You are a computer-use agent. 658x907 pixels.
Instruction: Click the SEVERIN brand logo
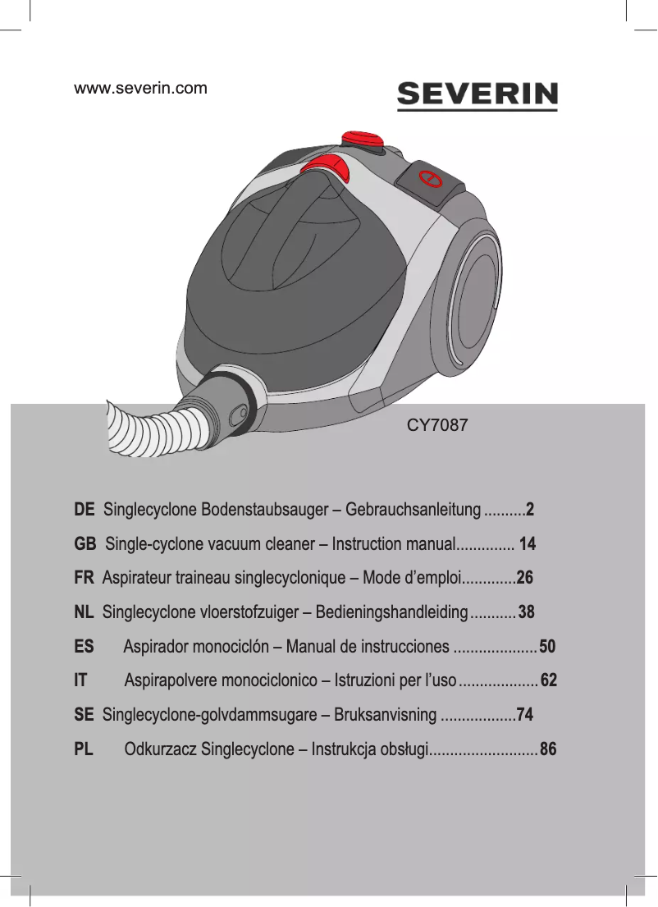tap(478, 95)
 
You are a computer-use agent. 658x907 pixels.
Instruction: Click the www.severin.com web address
tap(141, 88)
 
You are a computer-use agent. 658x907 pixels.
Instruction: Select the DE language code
tap(84, 510)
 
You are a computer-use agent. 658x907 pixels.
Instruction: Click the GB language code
tap(85, 544)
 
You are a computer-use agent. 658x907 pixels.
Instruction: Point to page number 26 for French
tap(525, 578)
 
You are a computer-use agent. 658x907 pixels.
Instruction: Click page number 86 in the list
tap(548, 749)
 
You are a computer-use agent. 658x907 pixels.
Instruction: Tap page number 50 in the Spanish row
tap(548, 647)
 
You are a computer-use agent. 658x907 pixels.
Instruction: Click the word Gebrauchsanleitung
tap(414, 510)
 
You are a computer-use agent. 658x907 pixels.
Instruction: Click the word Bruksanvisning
tap(386, 715)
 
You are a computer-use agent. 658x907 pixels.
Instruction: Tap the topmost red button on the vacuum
tap(363, 137)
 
